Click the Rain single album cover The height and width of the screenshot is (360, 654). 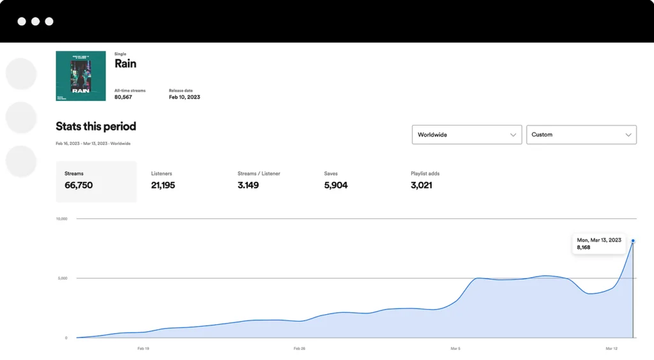[x=80, y=76]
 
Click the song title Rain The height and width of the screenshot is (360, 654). [x=125, y=64]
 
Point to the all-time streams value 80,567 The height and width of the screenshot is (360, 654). [x=123, y=97]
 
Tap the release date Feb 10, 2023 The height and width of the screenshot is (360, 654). [x=184, y=97]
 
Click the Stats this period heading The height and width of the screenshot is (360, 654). [x=96, y=126]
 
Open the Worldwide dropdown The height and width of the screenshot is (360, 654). [x=466, y=135]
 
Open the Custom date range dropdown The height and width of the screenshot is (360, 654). [x=581, y=135]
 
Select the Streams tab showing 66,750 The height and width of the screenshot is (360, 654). [x=96, y=181]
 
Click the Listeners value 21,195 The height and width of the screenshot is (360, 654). [x=163, y=186]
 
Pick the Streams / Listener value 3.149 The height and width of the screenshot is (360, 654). [x=248, y=186]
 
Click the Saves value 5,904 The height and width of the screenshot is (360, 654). [x=336, y=186]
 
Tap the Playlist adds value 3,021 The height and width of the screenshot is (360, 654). [x=422, y=186]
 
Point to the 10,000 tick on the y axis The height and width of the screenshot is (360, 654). [x=61, y=219]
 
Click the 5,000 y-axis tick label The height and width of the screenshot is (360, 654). [x=63, y=278]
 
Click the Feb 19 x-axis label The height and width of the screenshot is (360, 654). [x=143, y=349]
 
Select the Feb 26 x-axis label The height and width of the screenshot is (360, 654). [x=299, y=349]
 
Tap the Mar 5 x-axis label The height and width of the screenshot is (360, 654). [x=455, y=349]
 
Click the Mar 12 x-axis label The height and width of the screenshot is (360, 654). [x=611, y=349]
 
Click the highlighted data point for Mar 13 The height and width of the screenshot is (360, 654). [x=633, y=241]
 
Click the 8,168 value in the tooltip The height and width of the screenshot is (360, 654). [x=584, y=248]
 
